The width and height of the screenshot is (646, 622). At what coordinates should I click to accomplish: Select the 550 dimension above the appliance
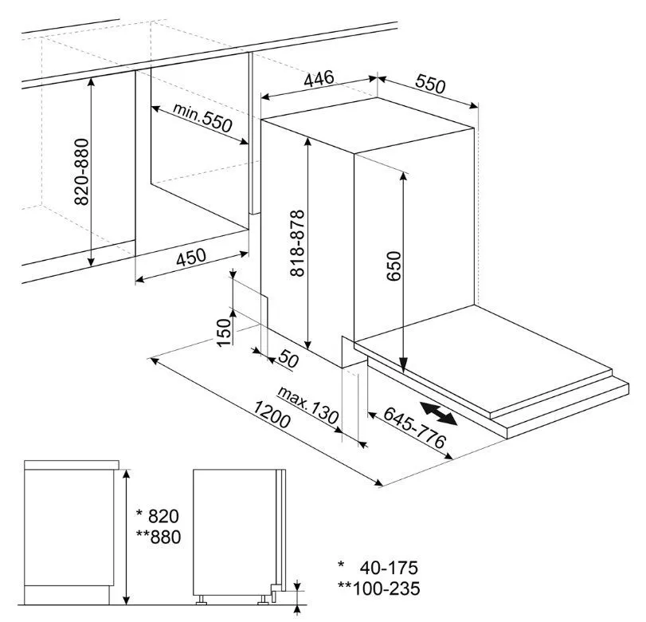tap(430, 84)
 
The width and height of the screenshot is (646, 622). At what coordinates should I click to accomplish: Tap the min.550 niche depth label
tap(202, 117)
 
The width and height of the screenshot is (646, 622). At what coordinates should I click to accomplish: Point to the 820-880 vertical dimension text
tap(81, 171)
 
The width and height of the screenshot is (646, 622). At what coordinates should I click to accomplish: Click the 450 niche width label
tap(190, 257)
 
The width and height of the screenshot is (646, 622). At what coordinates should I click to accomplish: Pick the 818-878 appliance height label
tap(297, 243)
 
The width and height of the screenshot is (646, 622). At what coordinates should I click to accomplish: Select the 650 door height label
tap(393, 266)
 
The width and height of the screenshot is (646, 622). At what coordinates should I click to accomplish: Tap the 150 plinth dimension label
tap(224, 333)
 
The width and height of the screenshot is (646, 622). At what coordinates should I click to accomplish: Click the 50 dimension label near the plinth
tap(288, 358)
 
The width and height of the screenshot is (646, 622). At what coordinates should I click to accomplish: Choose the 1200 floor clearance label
tap(272, 415)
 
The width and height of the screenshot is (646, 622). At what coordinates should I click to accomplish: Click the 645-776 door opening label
tap(414, 427)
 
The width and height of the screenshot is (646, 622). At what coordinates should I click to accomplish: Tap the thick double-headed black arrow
tap(439, 413)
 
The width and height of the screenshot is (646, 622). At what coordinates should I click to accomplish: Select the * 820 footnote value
tap(158, 516)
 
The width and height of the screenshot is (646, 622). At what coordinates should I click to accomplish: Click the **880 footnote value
tap(159, 537)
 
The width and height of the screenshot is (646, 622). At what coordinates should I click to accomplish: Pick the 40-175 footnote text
tap(389, 568)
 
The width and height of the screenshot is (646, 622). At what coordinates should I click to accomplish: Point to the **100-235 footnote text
tap(379, 589)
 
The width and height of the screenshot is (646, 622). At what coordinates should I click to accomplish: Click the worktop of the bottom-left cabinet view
tap(72, 465)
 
